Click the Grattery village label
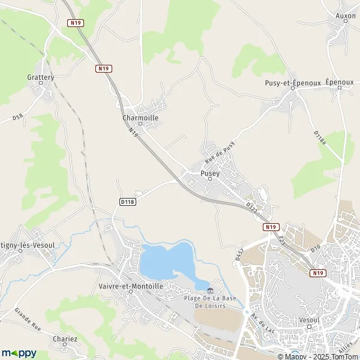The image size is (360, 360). coord(40,77)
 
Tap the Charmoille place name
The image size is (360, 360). coord(140,118)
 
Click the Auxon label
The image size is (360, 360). coord(346,16)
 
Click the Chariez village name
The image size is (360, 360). coord(65,339)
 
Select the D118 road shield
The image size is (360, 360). coord(127,202)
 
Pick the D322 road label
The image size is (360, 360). coord(251,207)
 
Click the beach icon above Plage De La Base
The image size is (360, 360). coord(209,291)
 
